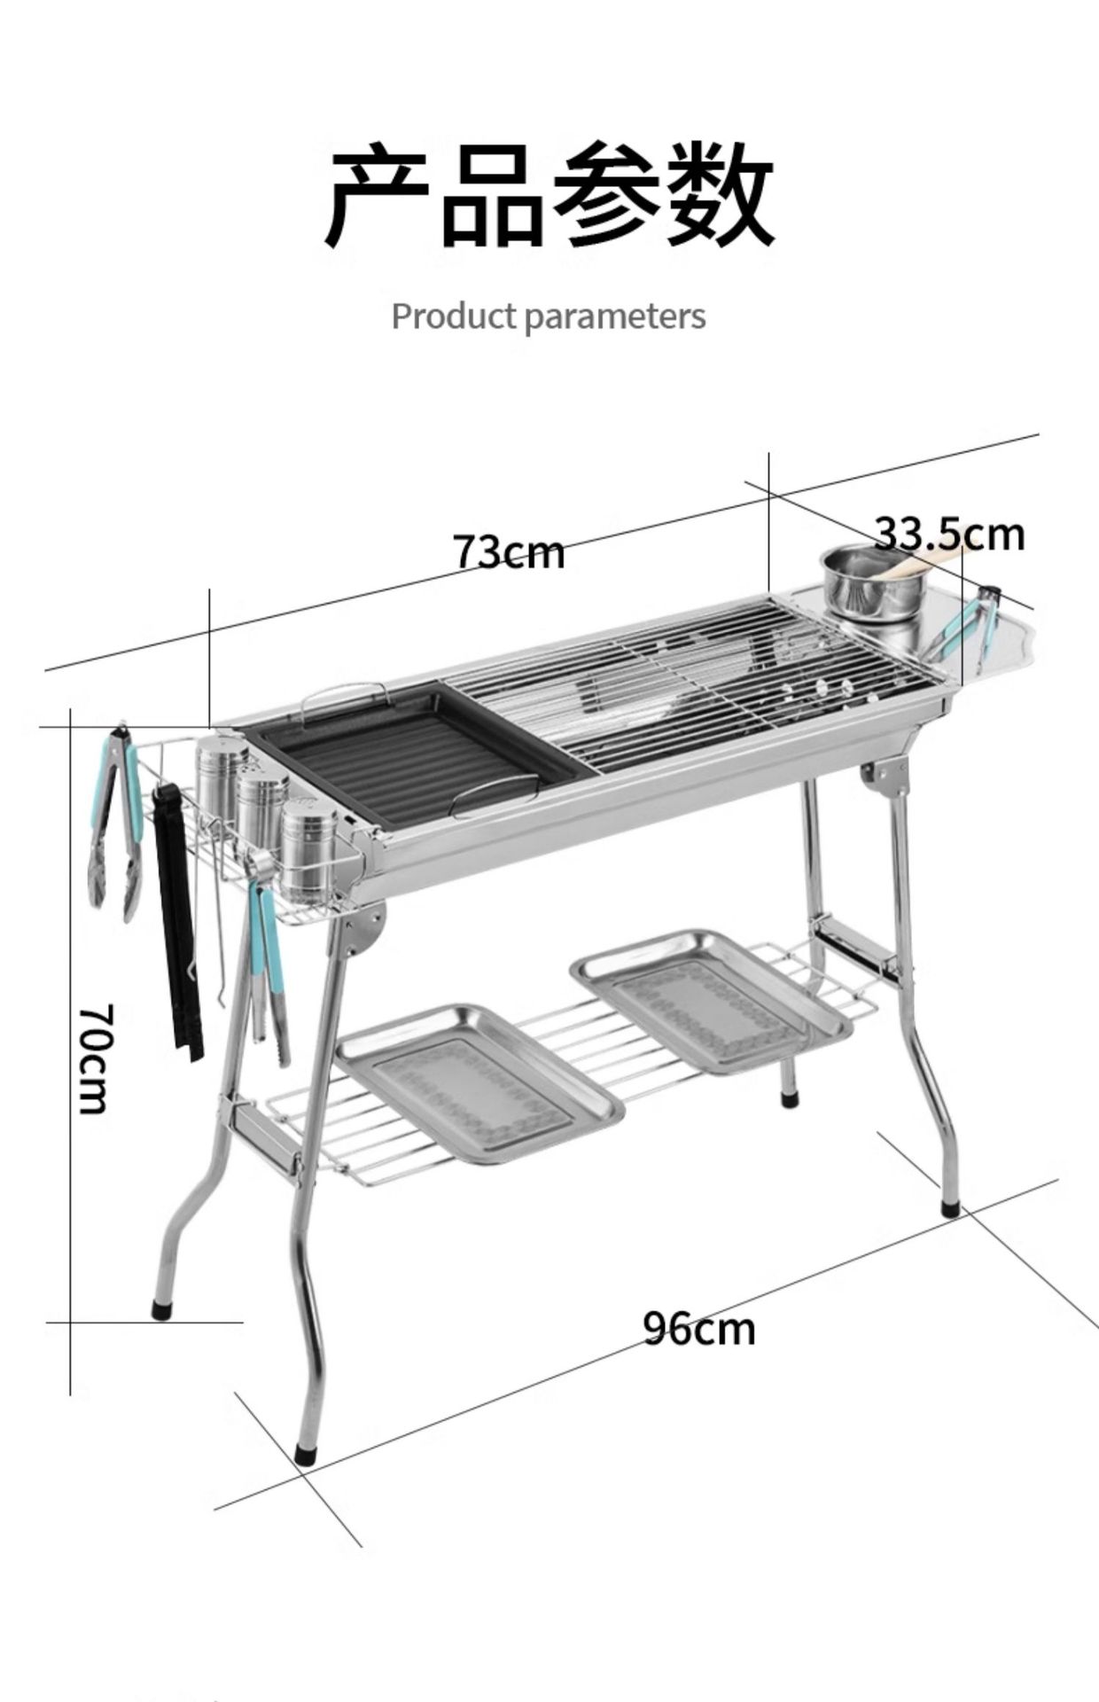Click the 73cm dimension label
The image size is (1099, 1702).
[509, 551]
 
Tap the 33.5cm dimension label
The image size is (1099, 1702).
[949, 534]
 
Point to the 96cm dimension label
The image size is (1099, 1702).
[699, 1328]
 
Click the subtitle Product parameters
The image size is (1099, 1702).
[549, 316]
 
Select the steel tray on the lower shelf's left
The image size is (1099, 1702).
[479, 1082]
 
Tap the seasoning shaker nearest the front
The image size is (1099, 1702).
[308, 852]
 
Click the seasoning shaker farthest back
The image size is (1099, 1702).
[221, 770]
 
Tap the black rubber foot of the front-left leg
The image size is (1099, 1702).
[305, 1454]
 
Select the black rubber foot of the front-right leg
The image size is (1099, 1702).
[950, 1207]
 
